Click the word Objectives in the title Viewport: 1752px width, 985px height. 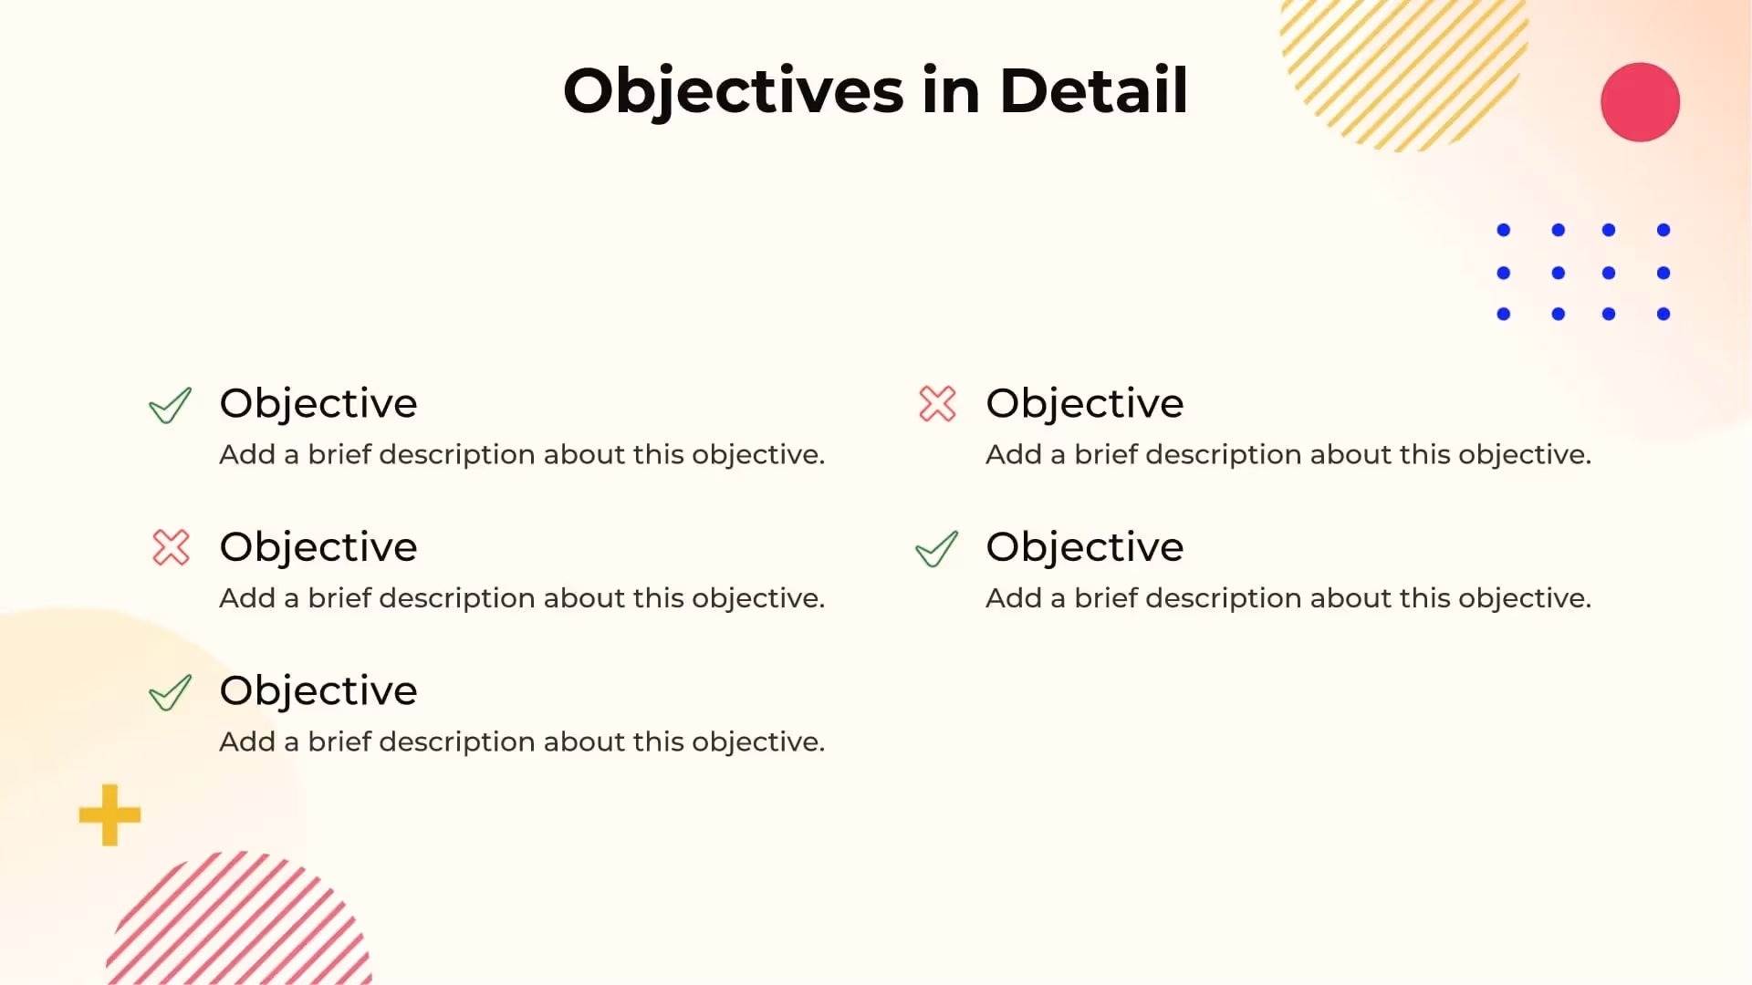pos(733,91)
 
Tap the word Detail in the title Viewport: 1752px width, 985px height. pos(1093,91)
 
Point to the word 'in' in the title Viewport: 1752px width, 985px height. pos(951,91)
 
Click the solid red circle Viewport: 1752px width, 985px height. pos(1640,102)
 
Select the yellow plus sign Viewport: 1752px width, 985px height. pos(109,814)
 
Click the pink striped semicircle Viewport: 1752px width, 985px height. pos(239,921)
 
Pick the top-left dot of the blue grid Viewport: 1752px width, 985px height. pos(1504,230)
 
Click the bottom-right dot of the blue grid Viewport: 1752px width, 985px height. pos(1663,314)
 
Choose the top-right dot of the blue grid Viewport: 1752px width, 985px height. pos(1663,230)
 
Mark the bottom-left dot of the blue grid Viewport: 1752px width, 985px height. pos(1504,314)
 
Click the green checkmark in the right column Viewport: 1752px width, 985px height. pos(936,549)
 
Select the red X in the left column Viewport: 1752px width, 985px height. pos(171,547)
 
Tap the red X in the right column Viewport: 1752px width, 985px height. pos(937,404)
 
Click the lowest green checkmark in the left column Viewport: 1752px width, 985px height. pos(170,692)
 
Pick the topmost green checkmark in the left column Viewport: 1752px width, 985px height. pos(170,406)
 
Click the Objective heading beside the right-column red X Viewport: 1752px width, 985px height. pos(1084,403)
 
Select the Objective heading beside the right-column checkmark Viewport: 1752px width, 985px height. pos(1084,547)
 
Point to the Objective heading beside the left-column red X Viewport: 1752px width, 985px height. pos(318,547)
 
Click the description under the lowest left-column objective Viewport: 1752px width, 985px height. pos(522,741)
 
